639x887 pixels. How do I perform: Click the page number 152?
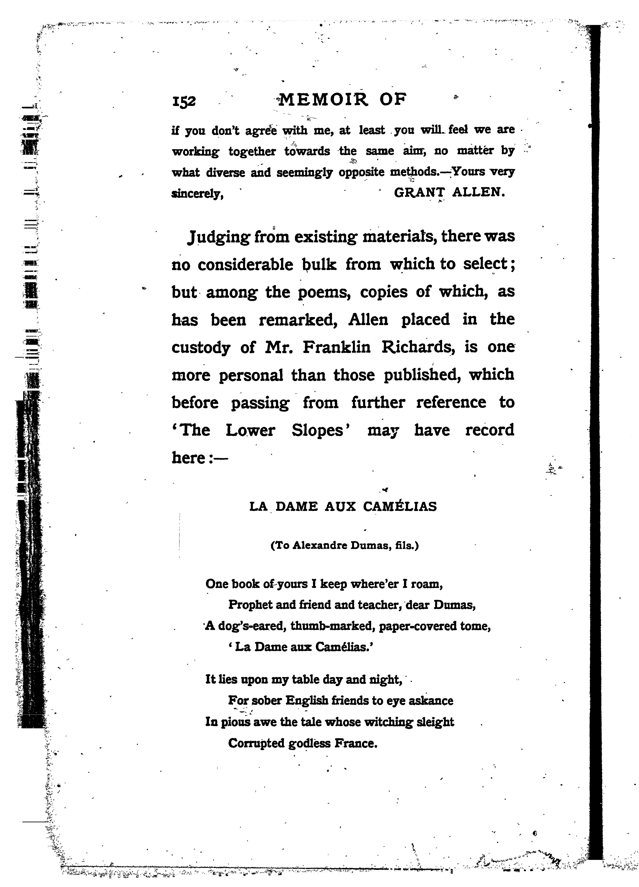pos(184,101)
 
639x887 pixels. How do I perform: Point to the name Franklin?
pos(336,347)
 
